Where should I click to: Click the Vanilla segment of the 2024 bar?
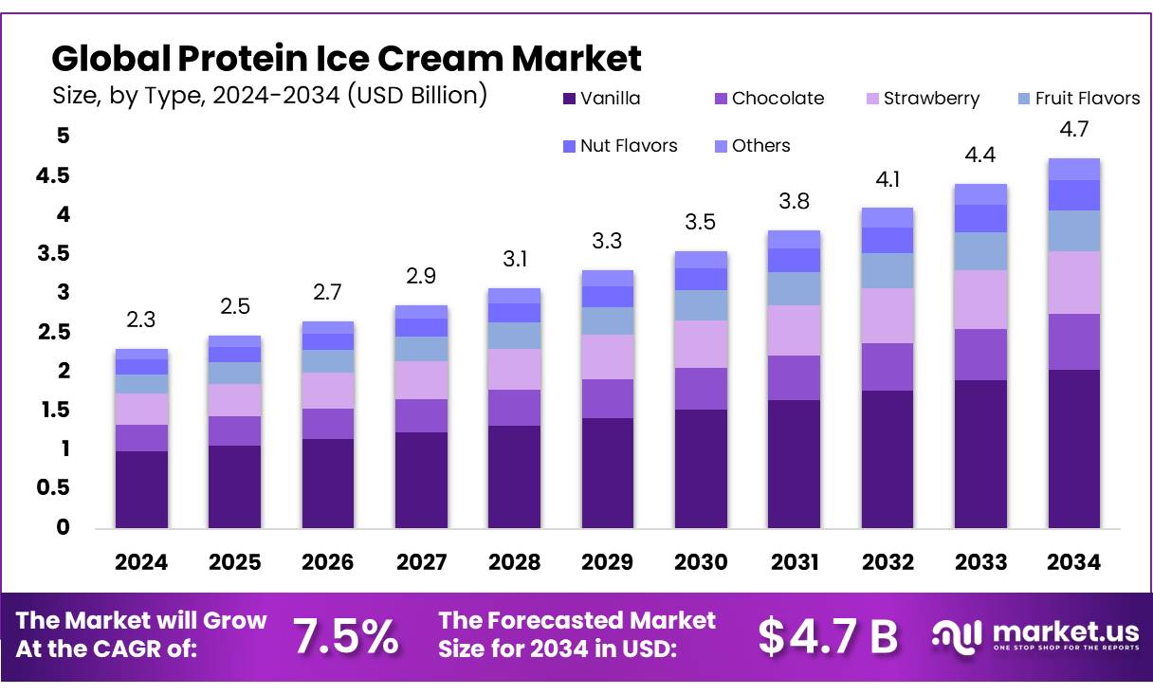[x=141, y=489]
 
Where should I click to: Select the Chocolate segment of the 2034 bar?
[x=1074, y=341]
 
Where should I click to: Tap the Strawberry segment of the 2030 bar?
[x=701, y=344]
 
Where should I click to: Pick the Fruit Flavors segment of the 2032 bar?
[x=888, y=270]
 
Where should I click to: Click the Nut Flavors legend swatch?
[x=569, y=146]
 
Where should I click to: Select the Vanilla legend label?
[x=610, y=99]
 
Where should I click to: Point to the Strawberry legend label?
[x=931, y=99]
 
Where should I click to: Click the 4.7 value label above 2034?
[x=1074, y=128]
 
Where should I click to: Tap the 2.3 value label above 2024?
[x=141, y=320]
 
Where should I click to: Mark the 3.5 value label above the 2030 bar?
[x=701, y=222]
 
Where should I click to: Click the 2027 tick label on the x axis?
[x=421, y=562]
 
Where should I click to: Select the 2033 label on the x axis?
[x=980, y=562]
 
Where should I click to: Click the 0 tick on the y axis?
[x=64, y=527]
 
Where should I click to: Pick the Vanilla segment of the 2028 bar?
[x=514, y=477]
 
